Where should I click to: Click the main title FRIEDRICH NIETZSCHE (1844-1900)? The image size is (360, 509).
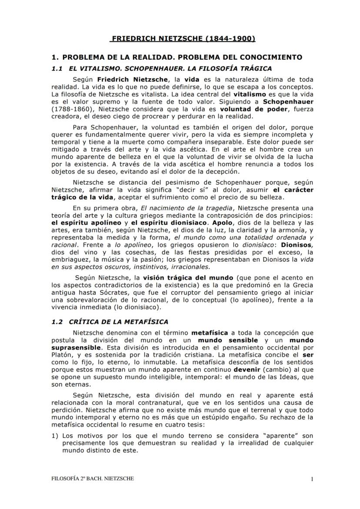pyautogui.click(x=183, y=39)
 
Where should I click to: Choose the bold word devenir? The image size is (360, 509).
pyautogui.click(x=249, y=370)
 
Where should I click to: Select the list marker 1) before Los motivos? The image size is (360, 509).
pyautogui.click(x=54, y=435)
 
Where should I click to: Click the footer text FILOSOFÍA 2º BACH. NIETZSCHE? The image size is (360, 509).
pyautogui.click(x=93, y=479)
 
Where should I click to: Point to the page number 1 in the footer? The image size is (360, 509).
pyautogui.click(x=312, y=479)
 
